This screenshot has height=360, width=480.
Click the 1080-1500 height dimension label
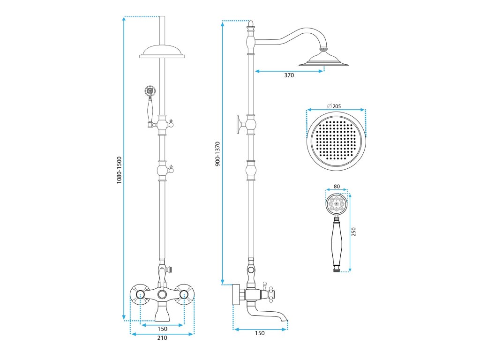pyautogui.click(x=120, y=170)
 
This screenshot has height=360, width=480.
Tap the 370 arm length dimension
pyautogui.click(x=289, y=75)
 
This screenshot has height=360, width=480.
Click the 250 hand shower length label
pyautogui.click(x=354, y=232)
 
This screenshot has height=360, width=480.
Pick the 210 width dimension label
pyautogui.click(x=162, y=338)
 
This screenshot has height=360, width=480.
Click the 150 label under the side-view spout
pyautogui.click(x=260, y=333)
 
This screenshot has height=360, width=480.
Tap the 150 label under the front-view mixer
pyautogui.click(x=162, y=329)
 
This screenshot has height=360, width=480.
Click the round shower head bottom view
pyautogui.click(x=336, y=142)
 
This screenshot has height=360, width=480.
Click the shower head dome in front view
pyautogui.click(x=163, y=51)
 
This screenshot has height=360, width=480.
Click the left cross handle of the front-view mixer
pyautogui.click(x=140, y=294)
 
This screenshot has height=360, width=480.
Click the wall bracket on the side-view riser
pyautogui.click(x=240, y=125)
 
